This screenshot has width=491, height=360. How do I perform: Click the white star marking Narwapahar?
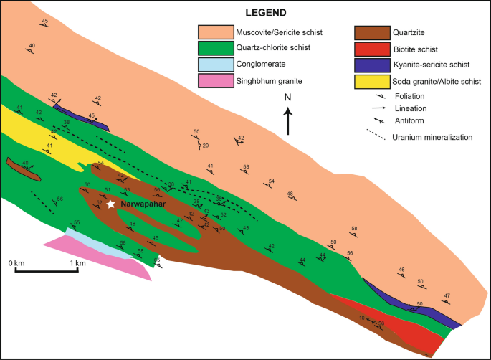point(111,204)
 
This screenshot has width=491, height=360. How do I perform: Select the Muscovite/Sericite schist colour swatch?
point(215,32)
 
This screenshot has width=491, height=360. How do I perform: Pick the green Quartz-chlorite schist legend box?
point(215,49)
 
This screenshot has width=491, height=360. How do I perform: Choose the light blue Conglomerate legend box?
point(215,65)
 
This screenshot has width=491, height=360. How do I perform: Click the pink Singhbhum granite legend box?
point(215,81)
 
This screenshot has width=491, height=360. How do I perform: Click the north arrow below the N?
point(287,120)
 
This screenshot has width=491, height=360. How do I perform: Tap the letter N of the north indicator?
point(287,98)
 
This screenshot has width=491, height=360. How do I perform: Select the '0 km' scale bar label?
point(17,264)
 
